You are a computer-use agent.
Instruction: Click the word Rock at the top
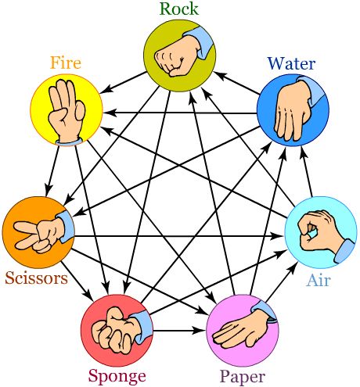click(179, 9)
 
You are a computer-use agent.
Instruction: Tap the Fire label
click(66, 63)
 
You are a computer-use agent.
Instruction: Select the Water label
click(291, 63)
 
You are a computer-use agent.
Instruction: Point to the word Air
click(319, 281)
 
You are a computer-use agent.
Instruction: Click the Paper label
click(243, 377)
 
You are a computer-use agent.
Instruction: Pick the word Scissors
click(36, 278)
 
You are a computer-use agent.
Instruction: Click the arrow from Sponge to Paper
click(179, 331)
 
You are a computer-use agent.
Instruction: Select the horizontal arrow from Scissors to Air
click(178, 236)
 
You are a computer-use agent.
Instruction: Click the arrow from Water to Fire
click(180, 113)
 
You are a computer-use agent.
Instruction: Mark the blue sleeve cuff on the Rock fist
click(200, 41)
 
